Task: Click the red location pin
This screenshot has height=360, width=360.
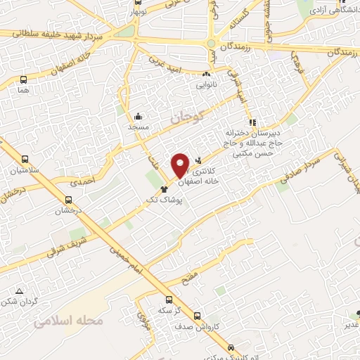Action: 180,165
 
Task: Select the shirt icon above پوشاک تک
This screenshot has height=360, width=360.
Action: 165,188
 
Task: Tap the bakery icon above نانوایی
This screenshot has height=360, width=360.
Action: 207,74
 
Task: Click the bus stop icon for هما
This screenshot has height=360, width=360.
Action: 25,81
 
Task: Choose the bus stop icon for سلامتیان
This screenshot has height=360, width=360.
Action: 26,160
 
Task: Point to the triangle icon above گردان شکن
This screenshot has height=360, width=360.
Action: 20,291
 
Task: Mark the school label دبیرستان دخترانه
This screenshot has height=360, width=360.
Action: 252,132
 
